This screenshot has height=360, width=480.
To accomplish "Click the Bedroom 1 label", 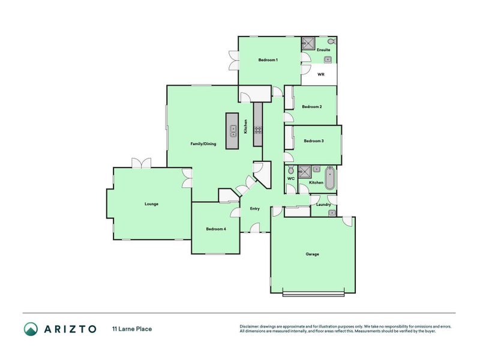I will [268, 60].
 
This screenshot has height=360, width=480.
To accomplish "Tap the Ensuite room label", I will [323, 50].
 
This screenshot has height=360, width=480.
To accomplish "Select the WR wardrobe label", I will [321, 75].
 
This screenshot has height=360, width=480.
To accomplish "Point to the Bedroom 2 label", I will [311, 107].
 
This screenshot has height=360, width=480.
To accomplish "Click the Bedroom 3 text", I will [314, 141].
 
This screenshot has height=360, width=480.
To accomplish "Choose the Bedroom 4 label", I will [215, 229].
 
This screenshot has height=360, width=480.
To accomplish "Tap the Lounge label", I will [151, 204].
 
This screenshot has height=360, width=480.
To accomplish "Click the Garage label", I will [312, 254].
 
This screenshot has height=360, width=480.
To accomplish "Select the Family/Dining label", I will [203, 144].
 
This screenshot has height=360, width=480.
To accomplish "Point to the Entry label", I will [254, 209].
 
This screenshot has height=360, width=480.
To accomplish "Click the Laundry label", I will [323, 205].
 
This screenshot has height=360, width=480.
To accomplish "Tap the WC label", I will [291, 179].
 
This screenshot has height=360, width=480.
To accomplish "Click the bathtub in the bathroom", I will [329, 178].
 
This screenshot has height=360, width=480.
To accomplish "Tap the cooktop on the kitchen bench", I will [258, 130].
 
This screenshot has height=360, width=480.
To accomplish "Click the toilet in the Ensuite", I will [332, 42].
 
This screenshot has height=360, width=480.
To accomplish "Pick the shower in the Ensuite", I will [308, 43].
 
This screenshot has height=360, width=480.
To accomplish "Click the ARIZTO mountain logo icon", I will [31, 328].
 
